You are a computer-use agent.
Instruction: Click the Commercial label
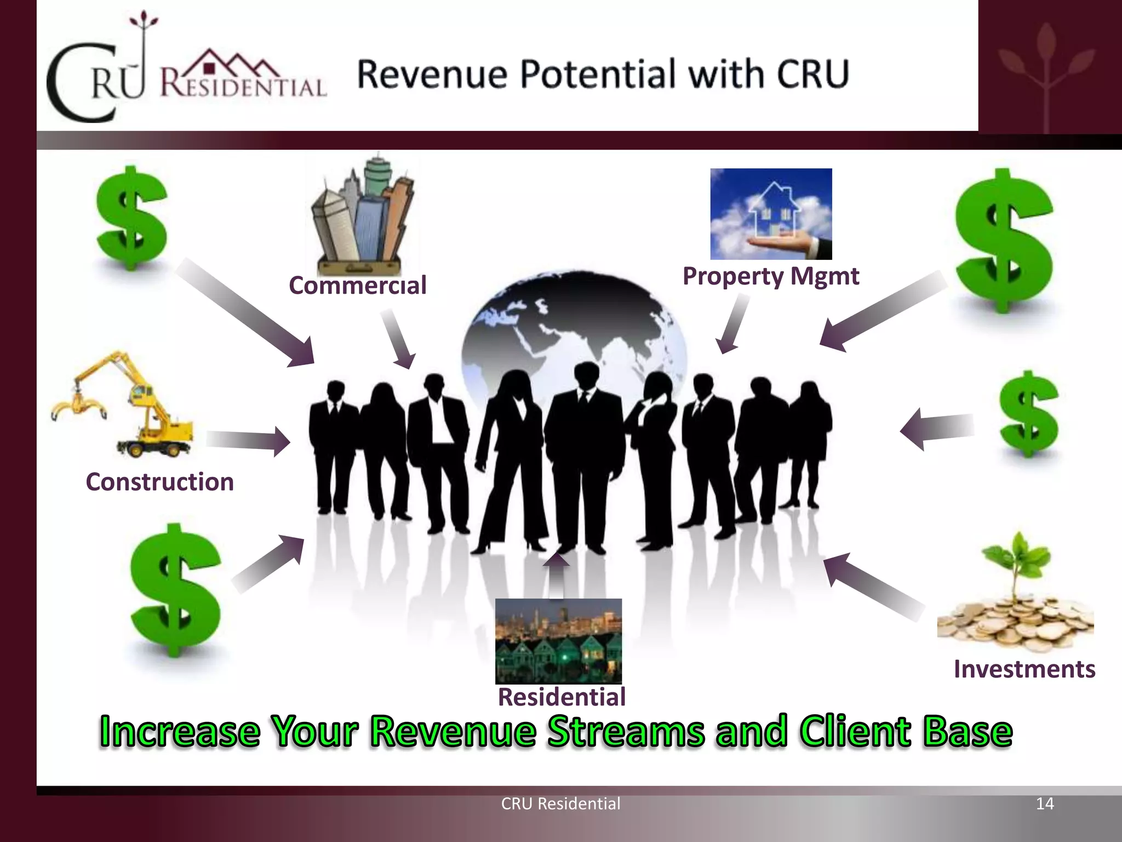coord(357,286)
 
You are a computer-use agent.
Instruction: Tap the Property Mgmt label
coord(770,276)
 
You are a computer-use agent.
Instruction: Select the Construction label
coord(160,482)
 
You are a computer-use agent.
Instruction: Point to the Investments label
coord(1024,669)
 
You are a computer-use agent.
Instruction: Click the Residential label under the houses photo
coord(562,697)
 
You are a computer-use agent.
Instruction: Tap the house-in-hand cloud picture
coord(771,214)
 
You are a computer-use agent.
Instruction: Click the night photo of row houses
coord(558,641)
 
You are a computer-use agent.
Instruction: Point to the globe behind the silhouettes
coord(573,323)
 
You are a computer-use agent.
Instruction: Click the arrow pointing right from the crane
coord(248,441)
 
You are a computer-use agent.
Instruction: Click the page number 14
coord(1045,804)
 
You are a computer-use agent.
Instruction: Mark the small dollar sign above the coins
coord(1028,414)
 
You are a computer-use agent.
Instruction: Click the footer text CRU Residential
coord(560,804)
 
